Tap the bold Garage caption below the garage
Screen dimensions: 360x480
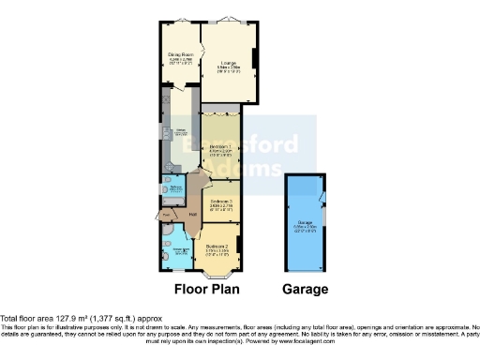(305, 289)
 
